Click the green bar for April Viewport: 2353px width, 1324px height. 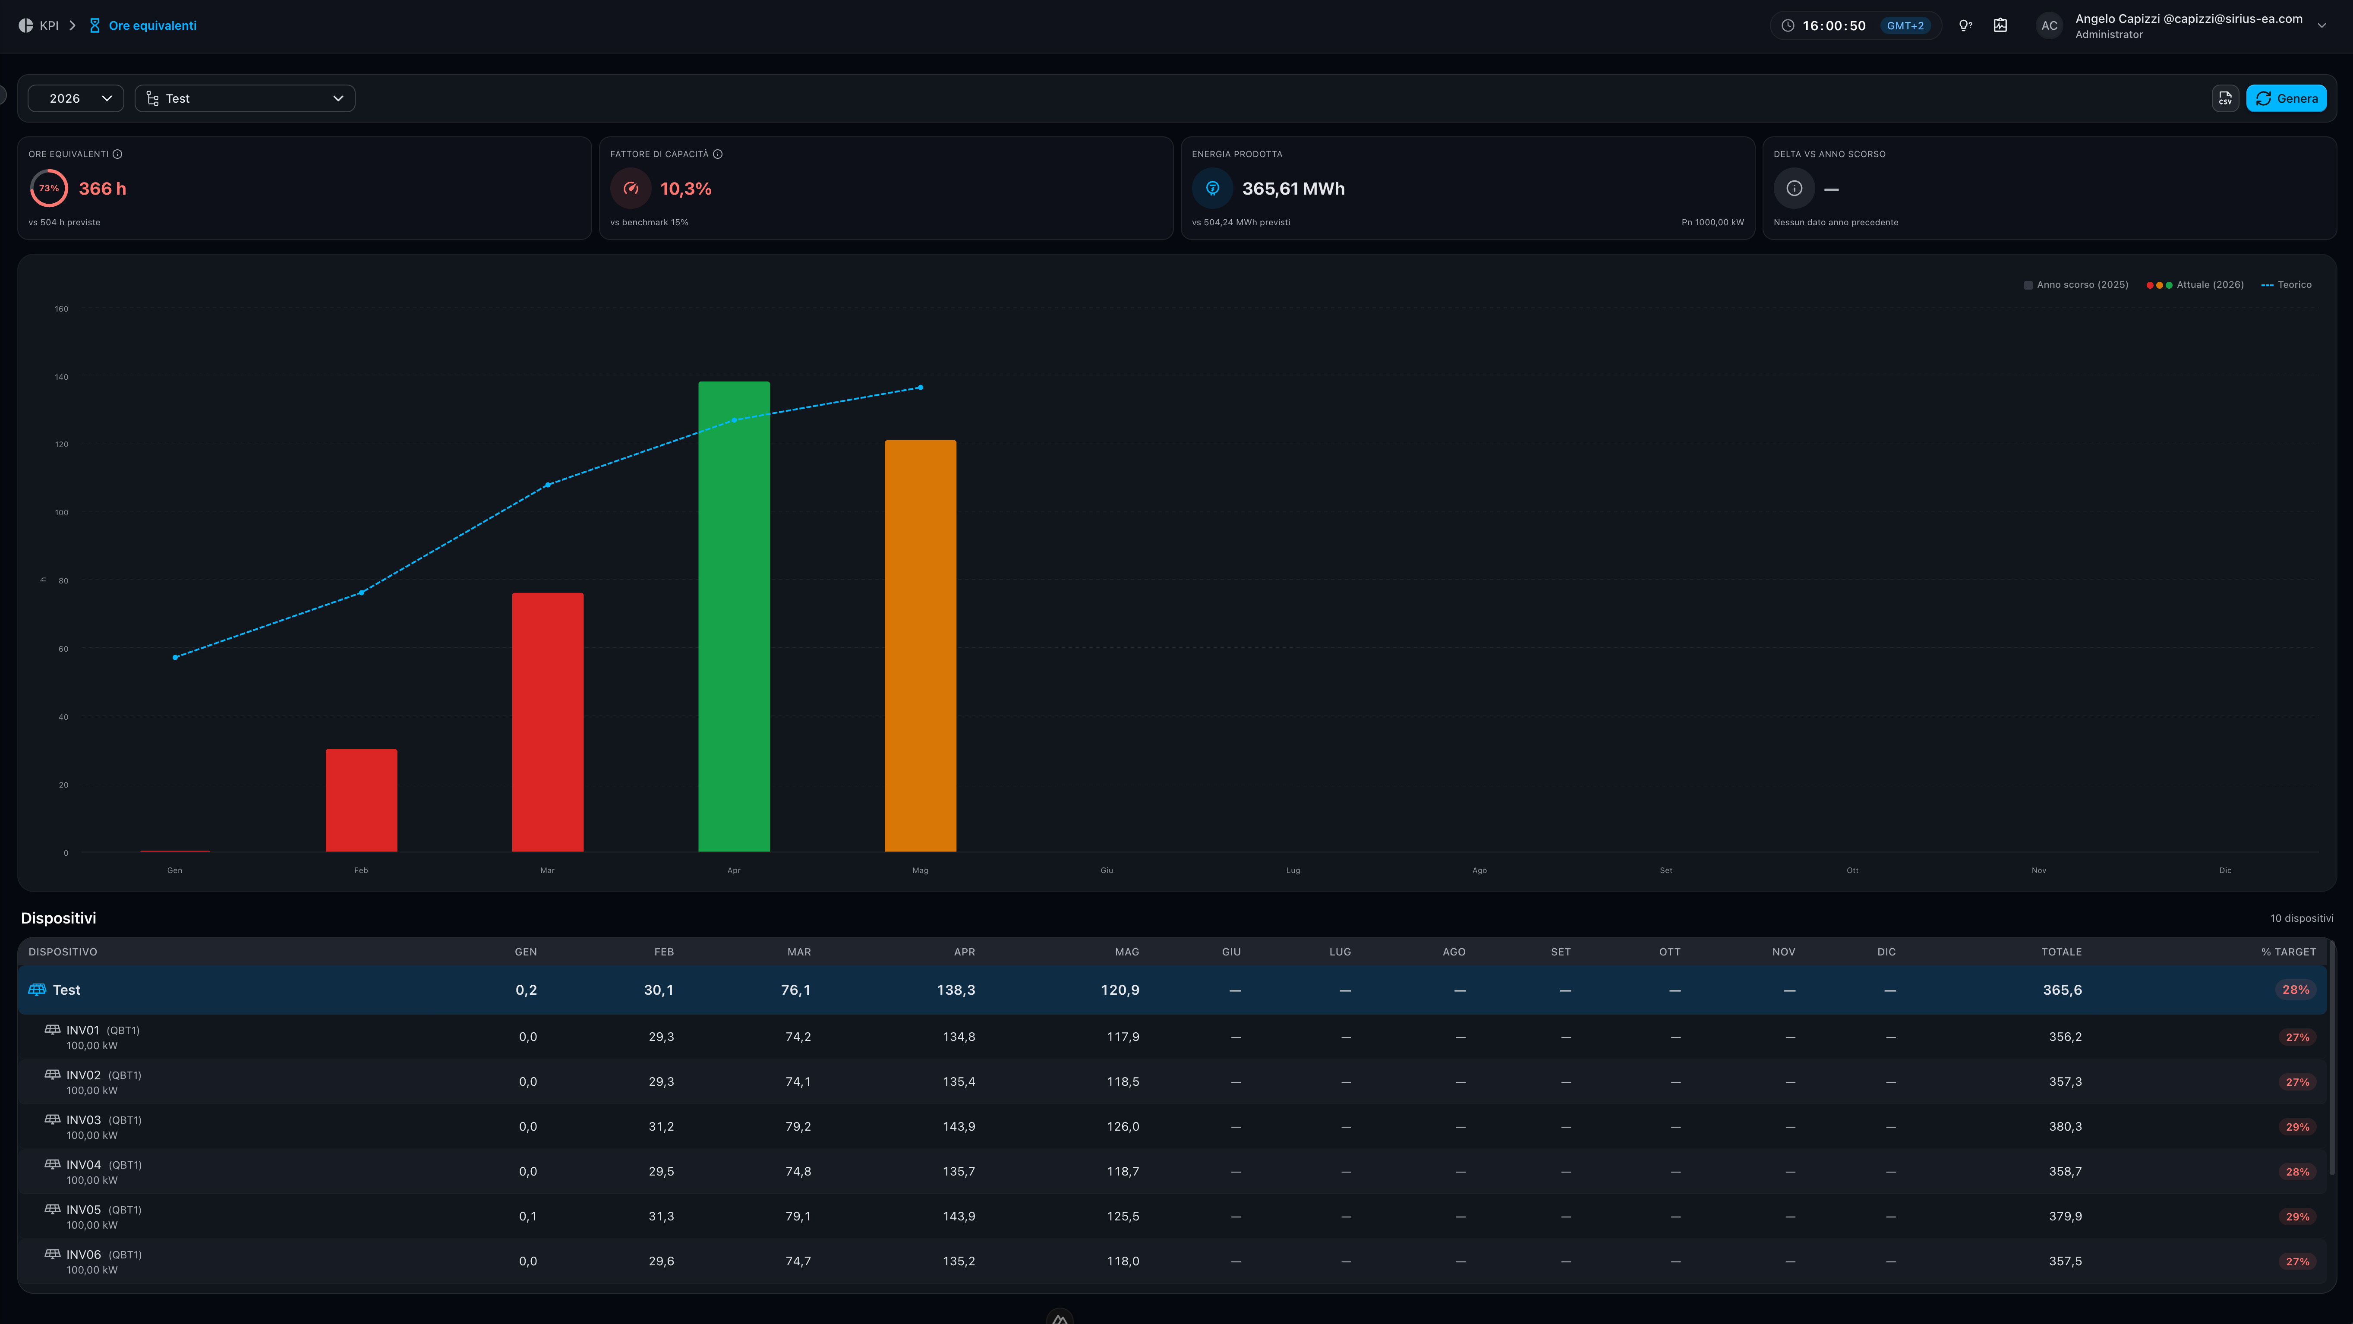pyautogui.click(x=734, y=616)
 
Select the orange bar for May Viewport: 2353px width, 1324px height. pyautogui.click(x=920, y=646)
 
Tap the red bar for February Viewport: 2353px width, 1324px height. pyautogui.click(x=361, y=800)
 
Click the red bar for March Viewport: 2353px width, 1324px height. pyautogui.click(x=547, y=722)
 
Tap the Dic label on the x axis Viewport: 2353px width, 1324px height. pyautogui.click(x=2225, y=870)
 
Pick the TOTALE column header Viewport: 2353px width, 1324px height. pyautogui.click(x=2062, y=952)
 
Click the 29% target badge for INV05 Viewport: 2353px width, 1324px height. pyautogui.click(x=2297, y=1216)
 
